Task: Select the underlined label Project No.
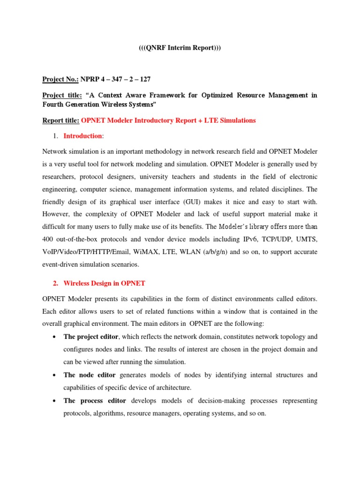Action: coord(60,79)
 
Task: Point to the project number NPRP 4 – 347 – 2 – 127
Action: coord(116,79)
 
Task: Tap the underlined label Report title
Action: coord(61,120)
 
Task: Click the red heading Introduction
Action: coord(82,136)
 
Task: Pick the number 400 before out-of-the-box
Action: coord(49,240)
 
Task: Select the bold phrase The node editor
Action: coord(89,375)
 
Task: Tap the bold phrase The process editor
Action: coord(94,401)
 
